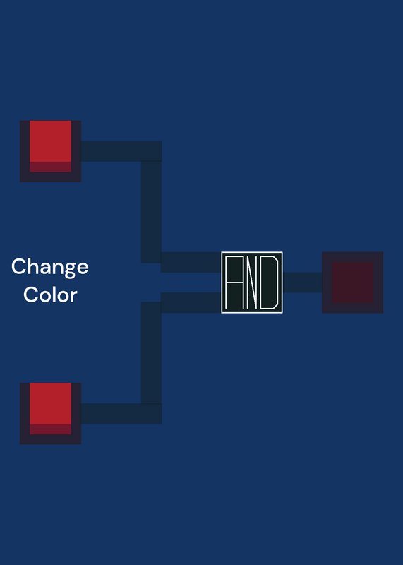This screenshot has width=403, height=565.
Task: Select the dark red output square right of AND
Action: click(x=352, y=282)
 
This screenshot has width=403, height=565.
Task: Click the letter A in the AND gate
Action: click(x=234, y=282)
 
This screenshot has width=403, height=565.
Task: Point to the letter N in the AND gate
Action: click(x=252, y=282)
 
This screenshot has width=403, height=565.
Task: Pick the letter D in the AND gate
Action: click(x=269, y=282)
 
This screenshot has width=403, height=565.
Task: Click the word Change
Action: click(x=50, y=267)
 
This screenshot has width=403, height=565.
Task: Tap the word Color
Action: click(x=50, y=295)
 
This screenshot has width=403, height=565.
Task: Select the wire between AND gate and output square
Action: click(x=302, y=282)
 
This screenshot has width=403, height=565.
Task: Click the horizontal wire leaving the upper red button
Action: click(x=121, y=151)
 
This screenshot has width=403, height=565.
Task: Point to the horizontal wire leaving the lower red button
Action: click(x=121, y=414)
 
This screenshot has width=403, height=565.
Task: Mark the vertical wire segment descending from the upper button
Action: click(x=151, y=212)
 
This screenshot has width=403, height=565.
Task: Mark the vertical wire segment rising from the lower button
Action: click(x=151, y=352)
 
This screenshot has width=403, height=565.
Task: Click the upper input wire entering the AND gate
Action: click(x=191, y=262)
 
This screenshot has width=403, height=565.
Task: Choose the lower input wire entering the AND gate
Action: click(x=191, y=303)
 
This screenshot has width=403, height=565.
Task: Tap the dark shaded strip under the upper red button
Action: click(x=50, y=167)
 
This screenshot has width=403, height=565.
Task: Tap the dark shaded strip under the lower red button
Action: click(x=50, y=429)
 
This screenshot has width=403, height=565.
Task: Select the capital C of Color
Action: click(x=30, y=295)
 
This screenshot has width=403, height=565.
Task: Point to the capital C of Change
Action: click(x=19, y=266)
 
